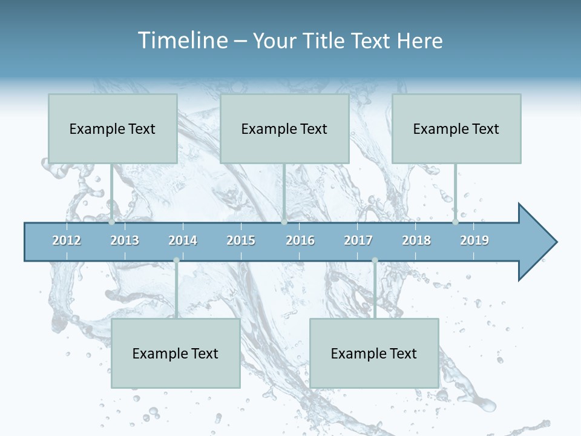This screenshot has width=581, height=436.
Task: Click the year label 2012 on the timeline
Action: (67, 240)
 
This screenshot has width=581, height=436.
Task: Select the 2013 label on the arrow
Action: (125, 240)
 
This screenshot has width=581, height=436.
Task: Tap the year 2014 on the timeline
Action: (183, 240)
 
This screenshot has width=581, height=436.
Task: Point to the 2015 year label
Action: (241, 240)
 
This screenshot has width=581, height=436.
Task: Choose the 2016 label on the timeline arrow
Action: (300, 240)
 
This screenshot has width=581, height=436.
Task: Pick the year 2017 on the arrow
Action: (358, 240)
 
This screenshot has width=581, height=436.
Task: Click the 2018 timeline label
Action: (416, 240)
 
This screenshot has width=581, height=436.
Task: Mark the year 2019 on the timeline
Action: (474, 240)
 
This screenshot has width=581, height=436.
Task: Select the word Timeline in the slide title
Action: (182, 41)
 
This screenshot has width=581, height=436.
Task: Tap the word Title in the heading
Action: (325, 41)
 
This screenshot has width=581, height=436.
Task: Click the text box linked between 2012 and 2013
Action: (113, 128)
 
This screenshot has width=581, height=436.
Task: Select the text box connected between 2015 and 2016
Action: (284, 128)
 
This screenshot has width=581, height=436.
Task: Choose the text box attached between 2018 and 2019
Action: (456, 128)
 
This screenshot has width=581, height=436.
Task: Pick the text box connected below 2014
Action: (176, 353)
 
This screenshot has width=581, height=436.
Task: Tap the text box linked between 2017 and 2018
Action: (374, 353)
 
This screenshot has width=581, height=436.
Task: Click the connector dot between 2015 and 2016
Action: (284, 222)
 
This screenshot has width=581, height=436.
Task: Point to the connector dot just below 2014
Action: (176, 260)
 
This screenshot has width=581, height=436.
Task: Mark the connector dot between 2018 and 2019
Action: (455, 222)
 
